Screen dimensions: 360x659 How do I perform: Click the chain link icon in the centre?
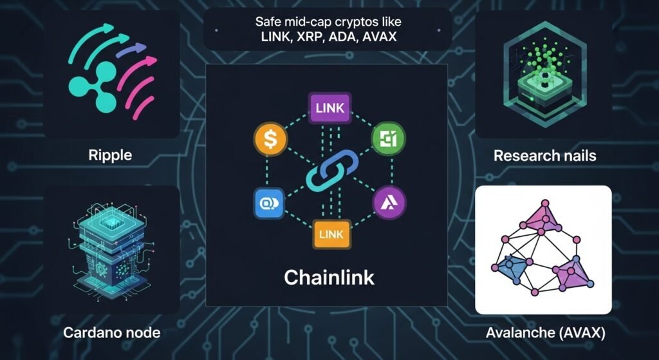coord(329,171)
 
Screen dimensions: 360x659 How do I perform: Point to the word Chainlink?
coord(329,278)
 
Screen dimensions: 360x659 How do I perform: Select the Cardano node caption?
coord(112,332)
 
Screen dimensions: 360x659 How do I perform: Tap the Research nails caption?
coord(544,156)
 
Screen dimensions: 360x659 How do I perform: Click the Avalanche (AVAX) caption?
coord(544,332)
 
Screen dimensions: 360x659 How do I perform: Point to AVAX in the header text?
coord(380,37)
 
